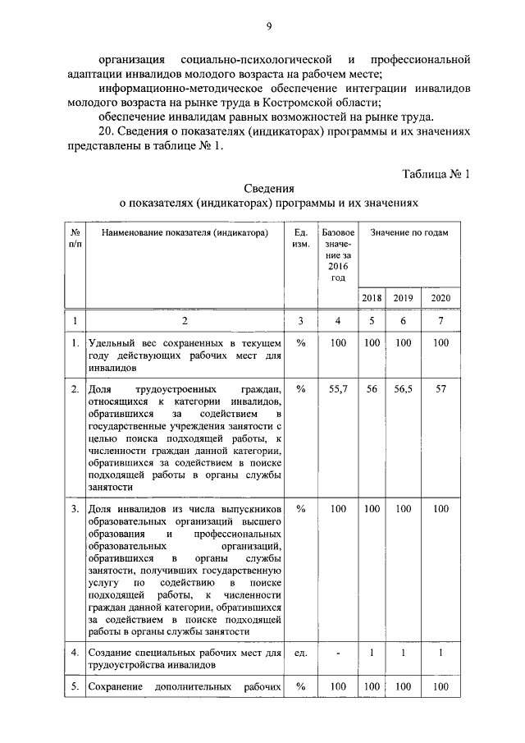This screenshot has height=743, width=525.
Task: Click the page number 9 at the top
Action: coord(268,26)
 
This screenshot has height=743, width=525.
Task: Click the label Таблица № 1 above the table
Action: coord(436,173)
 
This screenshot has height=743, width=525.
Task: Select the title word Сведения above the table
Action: coord(269,188)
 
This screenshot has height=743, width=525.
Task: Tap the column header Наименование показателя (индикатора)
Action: coord(185,233)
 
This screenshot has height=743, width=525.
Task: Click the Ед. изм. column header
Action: coord(301,239)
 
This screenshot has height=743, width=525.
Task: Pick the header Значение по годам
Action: coord(409,233)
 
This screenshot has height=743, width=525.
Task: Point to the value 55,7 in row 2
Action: coord(339,389)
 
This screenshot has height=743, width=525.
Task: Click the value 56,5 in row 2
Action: coord(403,389)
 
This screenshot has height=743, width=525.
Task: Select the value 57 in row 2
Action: coord(441,389)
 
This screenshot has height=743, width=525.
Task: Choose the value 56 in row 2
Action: coord(372,389)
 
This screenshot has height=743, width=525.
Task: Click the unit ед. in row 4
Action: coord(301,653)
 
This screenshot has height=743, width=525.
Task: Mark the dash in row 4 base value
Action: coord(339,653)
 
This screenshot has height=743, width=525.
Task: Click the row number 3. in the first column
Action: coord(75,509)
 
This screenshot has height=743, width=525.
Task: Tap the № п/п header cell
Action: coord(75,239)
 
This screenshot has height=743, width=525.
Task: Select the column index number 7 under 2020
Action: coord(441,321)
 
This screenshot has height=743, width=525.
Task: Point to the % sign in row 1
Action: coord(301,342)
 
